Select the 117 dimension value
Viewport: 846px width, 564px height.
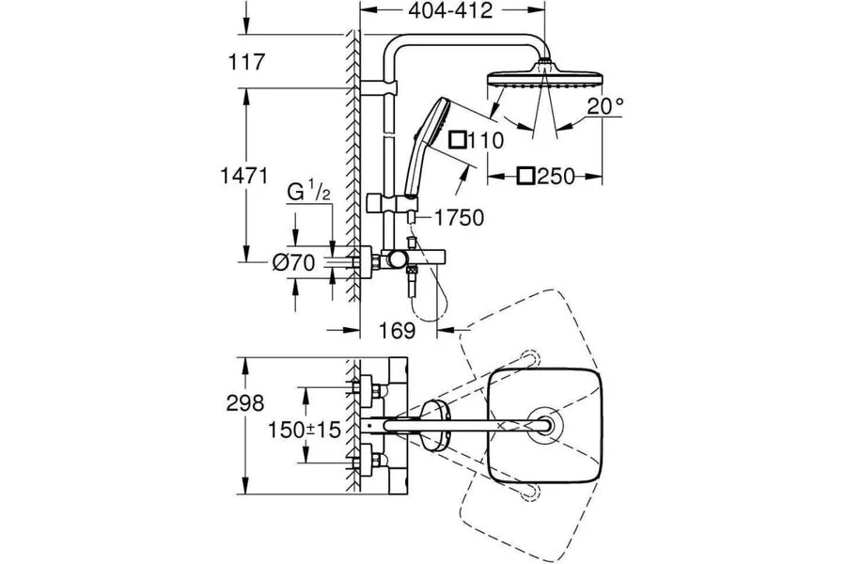click(247, 62)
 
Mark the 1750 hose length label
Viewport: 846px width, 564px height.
click(457, 218)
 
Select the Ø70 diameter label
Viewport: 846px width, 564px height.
click(291, 263)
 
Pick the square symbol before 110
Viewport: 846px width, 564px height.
click(457, 140)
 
